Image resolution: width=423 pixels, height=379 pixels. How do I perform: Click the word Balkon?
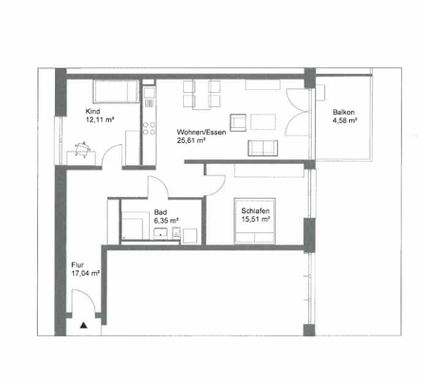coord(342,113)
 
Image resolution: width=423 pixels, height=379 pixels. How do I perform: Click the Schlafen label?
coord(255,211)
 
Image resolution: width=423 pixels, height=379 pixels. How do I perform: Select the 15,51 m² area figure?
coord(256,220)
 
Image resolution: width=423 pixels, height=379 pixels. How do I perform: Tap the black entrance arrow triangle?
coord(83,325)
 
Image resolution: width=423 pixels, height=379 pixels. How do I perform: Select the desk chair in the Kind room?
coord(83,147)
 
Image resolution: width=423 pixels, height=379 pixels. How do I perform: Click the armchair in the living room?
coord(259,147)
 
